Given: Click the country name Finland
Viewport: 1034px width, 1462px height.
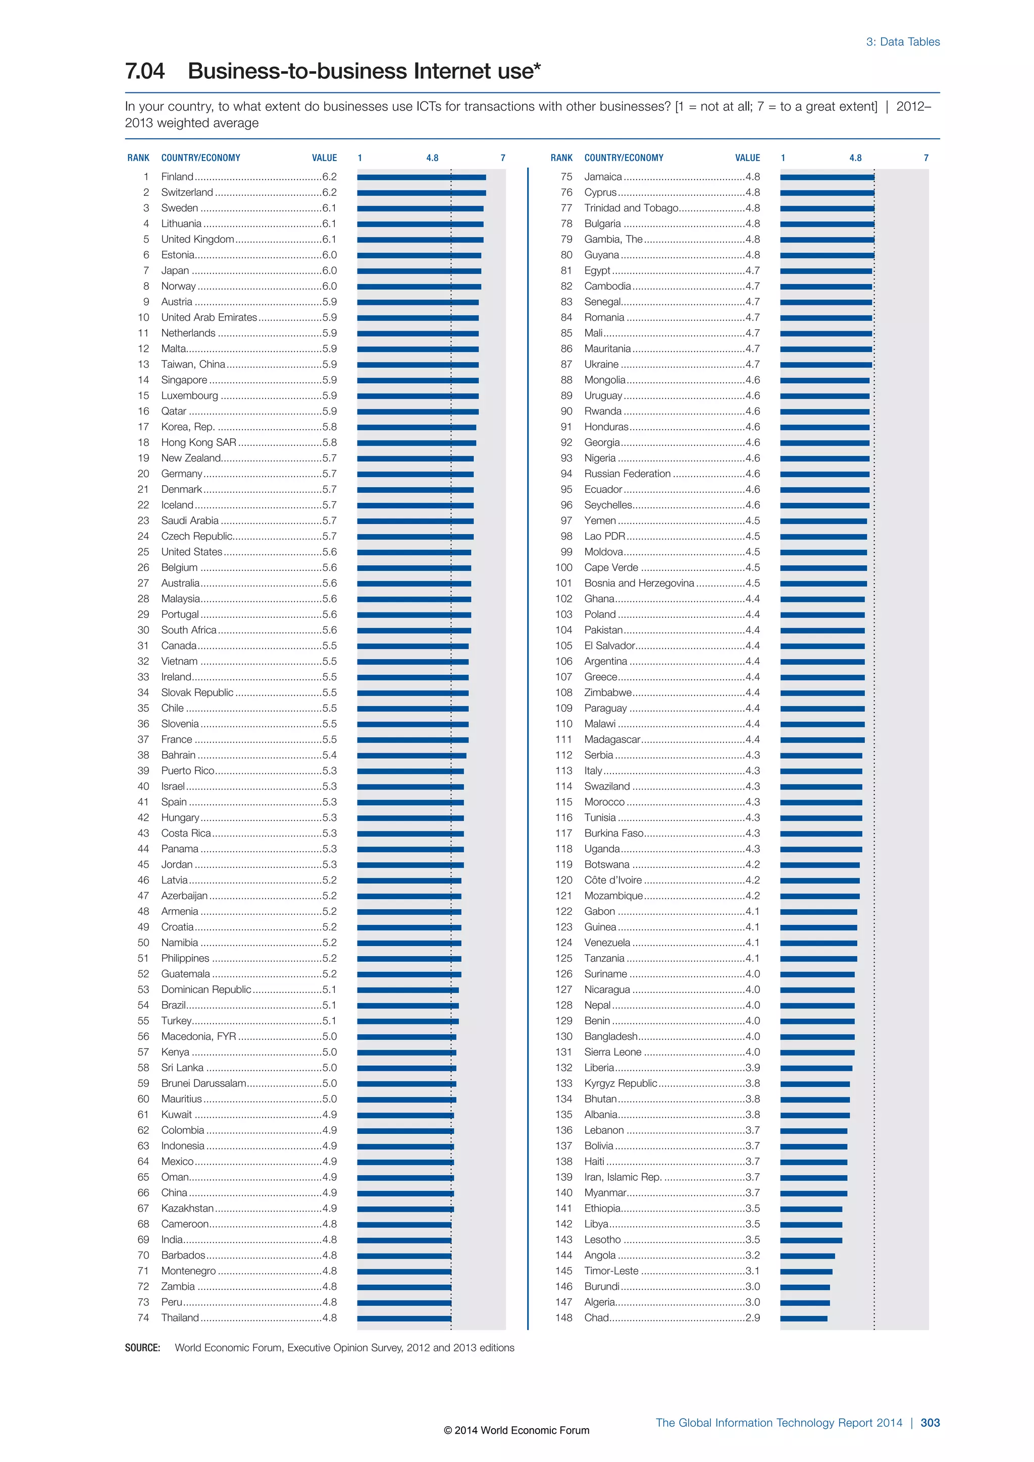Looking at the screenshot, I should tap(177, 176).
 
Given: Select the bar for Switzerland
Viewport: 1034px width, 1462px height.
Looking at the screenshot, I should tap(421, 192).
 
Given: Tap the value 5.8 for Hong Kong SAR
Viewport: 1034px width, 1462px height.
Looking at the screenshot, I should tap(329, 443).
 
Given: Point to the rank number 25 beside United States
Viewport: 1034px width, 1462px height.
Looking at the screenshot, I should tap(143, 552).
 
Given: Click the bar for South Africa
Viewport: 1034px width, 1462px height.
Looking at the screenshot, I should tap(414, 631).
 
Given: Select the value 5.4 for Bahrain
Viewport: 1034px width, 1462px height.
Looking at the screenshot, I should tap(329, 755).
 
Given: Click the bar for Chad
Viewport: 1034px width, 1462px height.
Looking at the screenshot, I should tap(803, 1318).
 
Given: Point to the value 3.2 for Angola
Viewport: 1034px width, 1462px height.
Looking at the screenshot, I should tap(753, 1255).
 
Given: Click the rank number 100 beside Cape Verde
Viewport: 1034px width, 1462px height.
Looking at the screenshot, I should tap(563, 567).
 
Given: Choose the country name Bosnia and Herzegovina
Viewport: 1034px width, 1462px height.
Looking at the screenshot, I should tap(639, 583).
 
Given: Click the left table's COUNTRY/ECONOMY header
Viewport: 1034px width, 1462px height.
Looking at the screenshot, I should tap(200, 158).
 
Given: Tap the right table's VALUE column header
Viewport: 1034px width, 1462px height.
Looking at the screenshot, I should tap(748, 158).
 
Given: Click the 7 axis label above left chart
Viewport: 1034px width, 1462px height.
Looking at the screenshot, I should tap(502, 158).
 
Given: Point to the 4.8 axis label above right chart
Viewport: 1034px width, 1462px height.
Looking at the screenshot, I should tap(855, 158).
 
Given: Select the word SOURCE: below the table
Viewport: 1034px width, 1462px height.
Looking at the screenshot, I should tap(142, 1348).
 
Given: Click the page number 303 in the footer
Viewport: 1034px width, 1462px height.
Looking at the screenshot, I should tap(929, 1423).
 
